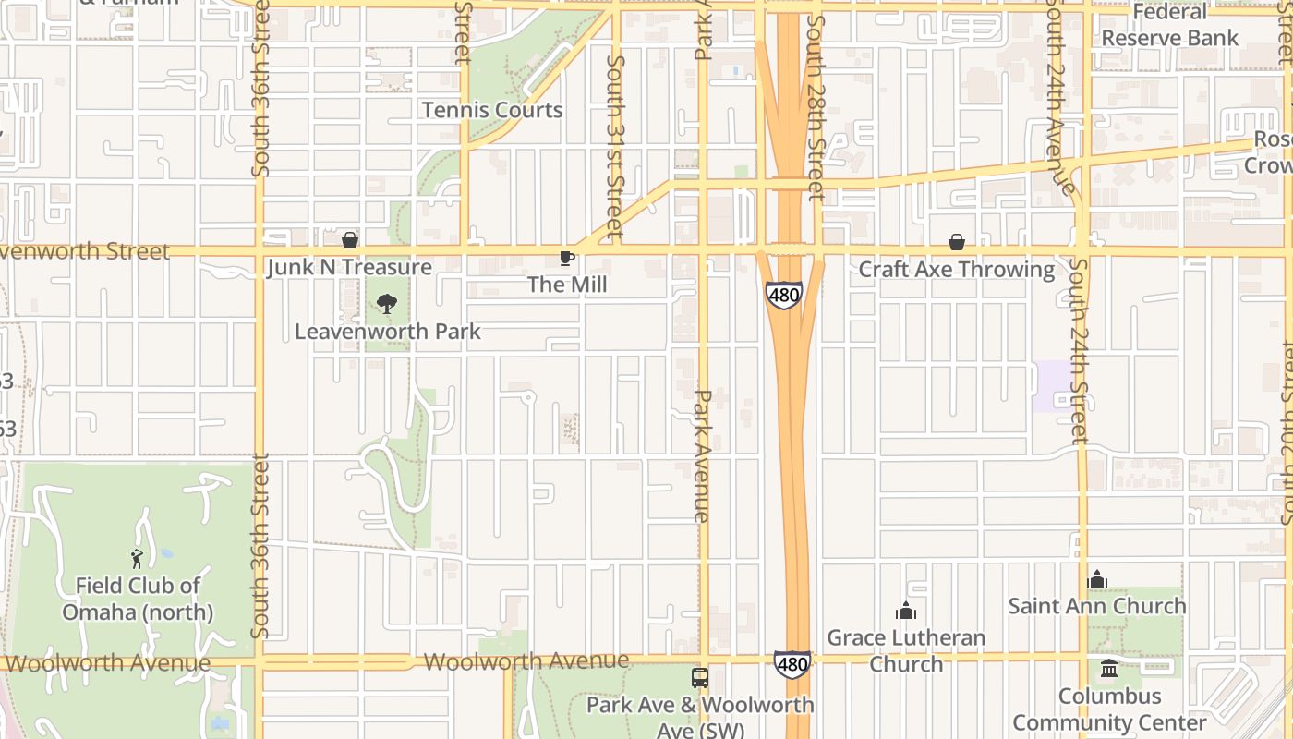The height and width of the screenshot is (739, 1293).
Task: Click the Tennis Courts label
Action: pyautogui.click(x=492, y=110)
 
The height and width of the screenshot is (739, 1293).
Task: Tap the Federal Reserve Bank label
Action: pyautogui.click(x=1169, y=26)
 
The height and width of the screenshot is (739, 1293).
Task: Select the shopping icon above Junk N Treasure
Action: pyautogui.click(x=350, y=241)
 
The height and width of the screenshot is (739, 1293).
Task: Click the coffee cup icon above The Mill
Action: pyautogui.click(x=567, y=258)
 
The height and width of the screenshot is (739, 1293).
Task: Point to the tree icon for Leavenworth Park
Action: pyautogui.click(x=387, y=303)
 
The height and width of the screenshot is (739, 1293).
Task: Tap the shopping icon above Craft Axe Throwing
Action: pyautogui.click(x=956, y=242)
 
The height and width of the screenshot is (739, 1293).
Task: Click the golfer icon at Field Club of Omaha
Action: pyautogui.click(x=137, y=559)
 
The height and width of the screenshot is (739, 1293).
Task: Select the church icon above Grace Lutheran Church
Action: pyautogui.click(x=906, y=611)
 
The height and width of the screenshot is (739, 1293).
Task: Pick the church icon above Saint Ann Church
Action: pyautogui.click(x=1097, y=579)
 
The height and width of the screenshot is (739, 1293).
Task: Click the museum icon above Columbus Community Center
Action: pyautogui.click(x=1109, y=668)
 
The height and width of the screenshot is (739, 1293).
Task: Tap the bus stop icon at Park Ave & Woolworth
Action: pyautogui.click(x=700, y=678)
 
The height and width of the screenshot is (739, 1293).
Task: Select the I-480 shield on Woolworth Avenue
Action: pyautogui.click(x=792, y=663)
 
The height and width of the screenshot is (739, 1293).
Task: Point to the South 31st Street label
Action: pyautogui.click(x=615, y=146)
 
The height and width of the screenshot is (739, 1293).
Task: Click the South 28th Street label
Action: pyautogui.click(x=814, y=107)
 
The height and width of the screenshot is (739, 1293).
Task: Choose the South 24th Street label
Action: pyautogui.click(x=1079, y=351)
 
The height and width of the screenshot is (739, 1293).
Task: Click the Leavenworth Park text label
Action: pyautogui.click(x=388, y=331)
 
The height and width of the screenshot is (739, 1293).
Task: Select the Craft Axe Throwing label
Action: pyautogui.click(x=956, y=270)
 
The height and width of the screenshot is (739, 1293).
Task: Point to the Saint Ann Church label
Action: pyautogui.click(x=1097, y=606)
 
